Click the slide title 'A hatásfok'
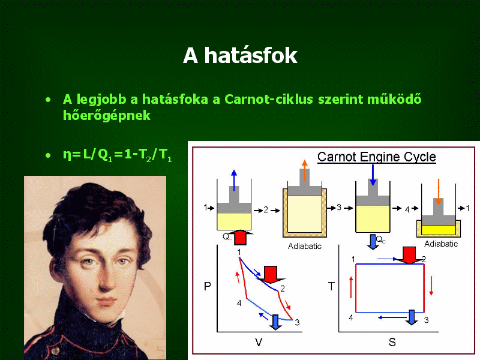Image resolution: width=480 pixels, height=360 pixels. [x=240, y=55]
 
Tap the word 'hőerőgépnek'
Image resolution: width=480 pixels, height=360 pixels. [x=107, y=116]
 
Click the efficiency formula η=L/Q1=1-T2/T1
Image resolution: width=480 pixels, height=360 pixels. [x=117, y=155]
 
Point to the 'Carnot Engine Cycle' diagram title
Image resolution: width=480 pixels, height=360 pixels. [x=377, y=157]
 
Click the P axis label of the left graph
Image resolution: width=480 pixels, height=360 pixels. [x=207, y=286]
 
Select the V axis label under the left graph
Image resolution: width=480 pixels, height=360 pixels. [x=259, y=342]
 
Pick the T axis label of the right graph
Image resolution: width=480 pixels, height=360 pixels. [x=331, y=287]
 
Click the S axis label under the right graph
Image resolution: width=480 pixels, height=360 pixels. [x=392, y=342]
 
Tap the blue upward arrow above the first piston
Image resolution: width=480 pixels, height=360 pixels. [x=234, y=181]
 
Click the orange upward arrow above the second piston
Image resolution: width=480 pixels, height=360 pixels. [x=305, y=170]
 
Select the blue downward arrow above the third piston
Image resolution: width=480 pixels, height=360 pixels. [x=373, y=175]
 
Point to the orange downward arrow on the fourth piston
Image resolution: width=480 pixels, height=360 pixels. [x=439, y=192]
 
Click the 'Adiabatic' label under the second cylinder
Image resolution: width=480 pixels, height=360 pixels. [x=305, y=246]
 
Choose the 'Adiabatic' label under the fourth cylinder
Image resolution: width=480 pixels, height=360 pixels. [x=441, y=244]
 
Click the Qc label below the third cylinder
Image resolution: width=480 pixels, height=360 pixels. [x=380, y=239]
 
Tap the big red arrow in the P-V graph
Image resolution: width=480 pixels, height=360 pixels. [x=271, y=274]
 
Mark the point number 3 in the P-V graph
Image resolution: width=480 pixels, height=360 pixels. [x=297, y=322]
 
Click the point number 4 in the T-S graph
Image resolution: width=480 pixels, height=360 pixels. [x=351, y=317]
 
